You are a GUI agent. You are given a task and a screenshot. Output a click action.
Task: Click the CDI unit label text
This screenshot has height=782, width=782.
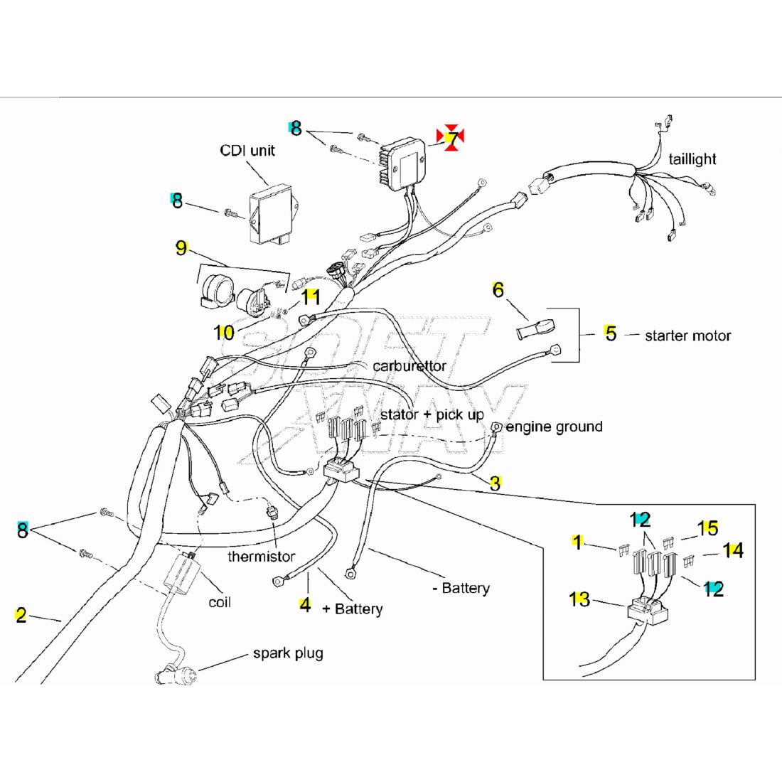click(247, 151)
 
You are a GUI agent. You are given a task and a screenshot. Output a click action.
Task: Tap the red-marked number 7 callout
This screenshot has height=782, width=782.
click(451, 137)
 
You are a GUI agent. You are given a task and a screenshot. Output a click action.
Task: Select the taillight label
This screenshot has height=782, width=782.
click(692, 159)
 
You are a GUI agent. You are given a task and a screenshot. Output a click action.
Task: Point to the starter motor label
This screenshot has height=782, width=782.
click(687, 336)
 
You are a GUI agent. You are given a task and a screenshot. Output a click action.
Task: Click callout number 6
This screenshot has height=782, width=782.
click(498, 290)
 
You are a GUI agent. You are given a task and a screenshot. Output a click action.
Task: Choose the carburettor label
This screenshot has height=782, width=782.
click(409, 366)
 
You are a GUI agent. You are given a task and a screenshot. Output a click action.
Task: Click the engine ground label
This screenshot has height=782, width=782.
click(554, 427)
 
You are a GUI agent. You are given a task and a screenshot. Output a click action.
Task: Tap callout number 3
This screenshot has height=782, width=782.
click(495, 483)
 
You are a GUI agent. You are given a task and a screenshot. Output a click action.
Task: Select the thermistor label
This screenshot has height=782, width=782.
click(261, 556)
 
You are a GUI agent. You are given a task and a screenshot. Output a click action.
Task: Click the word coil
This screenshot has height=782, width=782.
click(220, 602)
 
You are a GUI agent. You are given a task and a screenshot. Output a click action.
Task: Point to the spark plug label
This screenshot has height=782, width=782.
click(288, 653)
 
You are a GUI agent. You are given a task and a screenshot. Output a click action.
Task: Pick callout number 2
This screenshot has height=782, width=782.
click(21, 615)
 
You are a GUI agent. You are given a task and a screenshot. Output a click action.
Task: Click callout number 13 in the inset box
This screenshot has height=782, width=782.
click(579, 599)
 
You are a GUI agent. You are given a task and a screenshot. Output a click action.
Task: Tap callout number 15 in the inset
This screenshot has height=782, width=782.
click(707, 528)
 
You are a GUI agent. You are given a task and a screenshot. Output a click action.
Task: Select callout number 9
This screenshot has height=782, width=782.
click(182, 248)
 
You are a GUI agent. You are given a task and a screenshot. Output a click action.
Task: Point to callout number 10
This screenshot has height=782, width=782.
click(224, 332)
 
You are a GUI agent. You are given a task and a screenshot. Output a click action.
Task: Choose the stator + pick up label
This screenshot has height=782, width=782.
click(432, 414)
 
